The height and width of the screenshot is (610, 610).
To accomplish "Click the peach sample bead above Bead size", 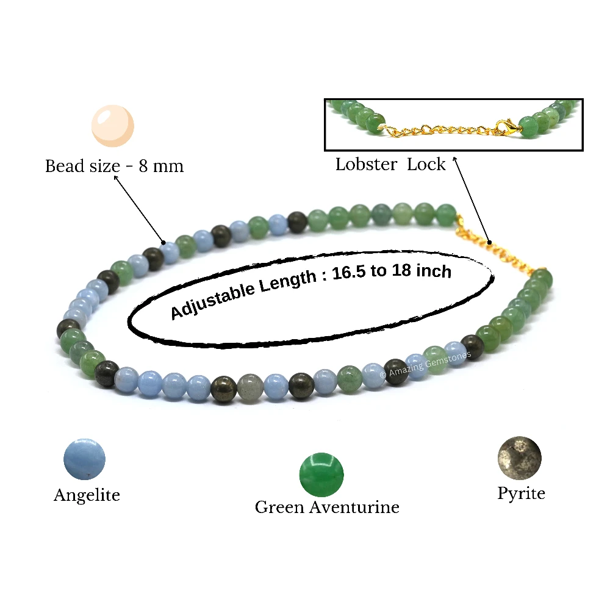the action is coord(113,126).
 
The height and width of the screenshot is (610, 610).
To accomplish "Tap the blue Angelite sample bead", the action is coord(84,459).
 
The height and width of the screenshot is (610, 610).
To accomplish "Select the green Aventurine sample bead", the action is coord(321,475).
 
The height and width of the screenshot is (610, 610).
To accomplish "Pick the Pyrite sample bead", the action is coord(520,458).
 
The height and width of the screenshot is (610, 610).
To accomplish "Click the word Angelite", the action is coord(87,495).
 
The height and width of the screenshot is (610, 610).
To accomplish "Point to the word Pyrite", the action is coord(522,494).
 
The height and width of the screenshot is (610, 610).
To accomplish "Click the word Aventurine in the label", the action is coord(354,508).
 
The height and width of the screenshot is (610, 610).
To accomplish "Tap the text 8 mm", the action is coord(161,166).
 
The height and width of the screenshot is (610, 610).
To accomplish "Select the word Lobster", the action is coord(366,164).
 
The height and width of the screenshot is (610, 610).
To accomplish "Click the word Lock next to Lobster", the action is coord(426,164).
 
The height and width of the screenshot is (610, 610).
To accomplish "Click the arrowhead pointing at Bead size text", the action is coord(116,178).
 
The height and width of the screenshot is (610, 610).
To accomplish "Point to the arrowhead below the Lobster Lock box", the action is coord(454,159).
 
